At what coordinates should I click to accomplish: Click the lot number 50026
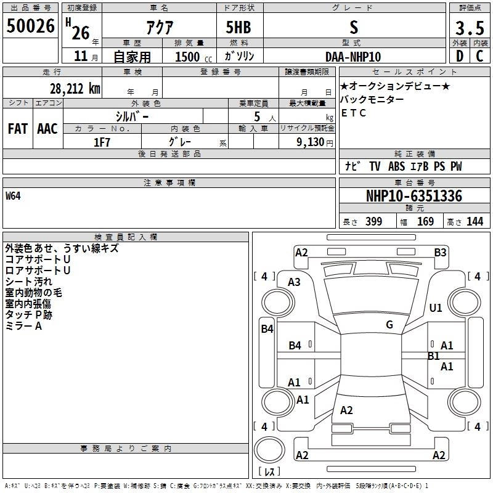(30, 26)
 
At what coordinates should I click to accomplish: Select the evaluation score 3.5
(470, 28)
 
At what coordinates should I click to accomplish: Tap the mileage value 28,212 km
(75, 89)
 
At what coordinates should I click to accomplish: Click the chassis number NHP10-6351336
(414, 196)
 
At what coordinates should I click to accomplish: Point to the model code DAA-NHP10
(353, 57)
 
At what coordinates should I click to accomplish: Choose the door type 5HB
(238, 27)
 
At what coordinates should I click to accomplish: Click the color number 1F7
(102, 142)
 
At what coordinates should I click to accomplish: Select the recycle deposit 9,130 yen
(315, 142)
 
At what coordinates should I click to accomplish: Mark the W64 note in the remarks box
(13, 196)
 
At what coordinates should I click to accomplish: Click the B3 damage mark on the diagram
(440, 253)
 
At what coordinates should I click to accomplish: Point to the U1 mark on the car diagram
(436, 308)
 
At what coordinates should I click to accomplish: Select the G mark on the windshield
(389, 325)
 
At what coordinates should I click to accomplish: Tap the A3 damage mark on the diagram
(294, 282)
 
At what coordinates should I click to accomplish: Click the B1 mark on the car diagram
(433, 356)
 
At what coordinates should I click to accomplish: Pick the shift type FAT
(18, 129)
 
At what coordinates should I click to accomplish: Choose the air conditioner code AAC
(47, 129)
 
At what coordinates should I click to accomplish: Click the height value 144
(475, 221)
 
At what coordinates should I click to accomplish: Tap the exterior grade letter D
(460, 56)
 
